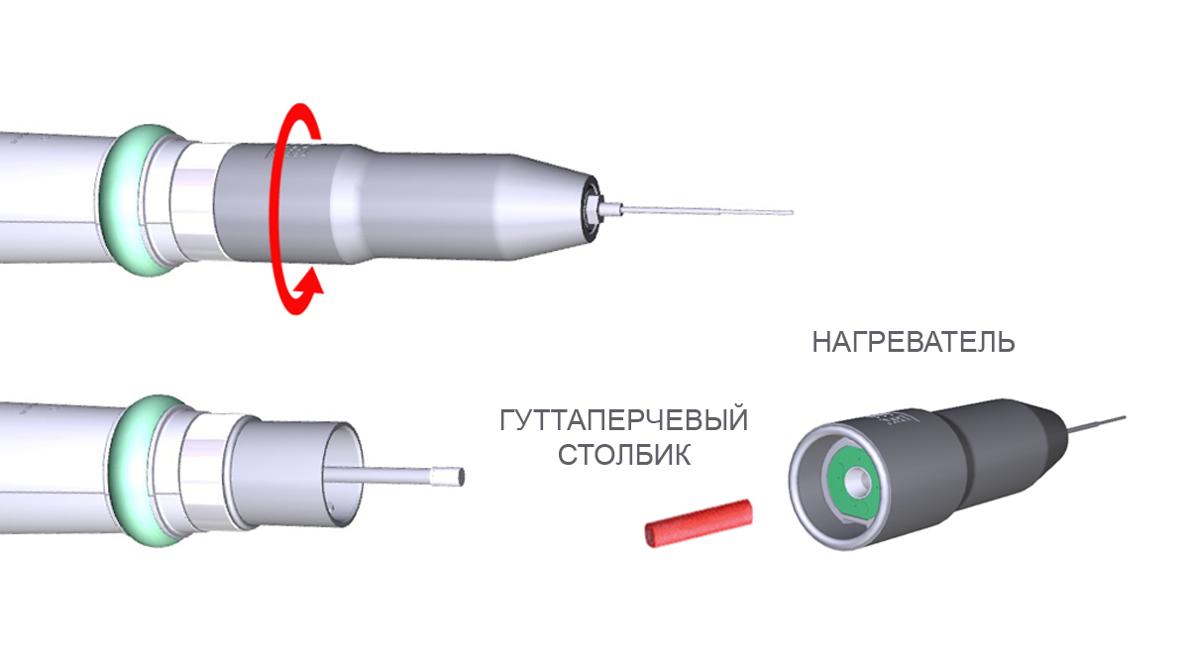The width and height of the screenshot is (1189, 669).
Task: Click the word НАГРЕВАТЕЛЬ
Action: point(913,342)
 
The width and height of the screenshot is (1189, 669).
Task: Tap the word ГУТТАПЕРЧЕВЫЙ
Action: point(623,420)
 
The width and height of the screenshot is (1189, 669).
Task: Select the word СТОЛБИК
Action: point(623,455)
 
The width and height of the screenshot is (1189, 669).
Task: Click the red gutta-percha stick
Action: point(699,523)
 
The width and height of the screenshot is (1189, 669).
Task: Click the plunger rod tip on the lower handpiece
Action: point(449,476)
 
